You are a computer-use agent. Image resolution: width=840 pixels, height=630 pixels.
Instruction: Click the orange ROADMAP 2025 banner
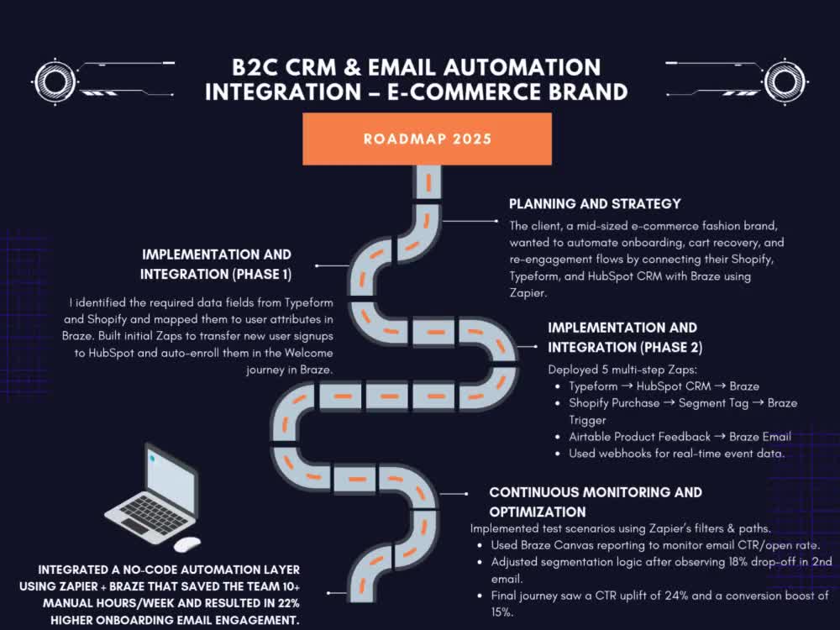(x=427, y=139)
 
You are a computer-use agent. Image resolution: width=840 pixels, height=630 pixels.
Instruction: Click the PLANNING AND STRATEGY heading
(x=595, y=204)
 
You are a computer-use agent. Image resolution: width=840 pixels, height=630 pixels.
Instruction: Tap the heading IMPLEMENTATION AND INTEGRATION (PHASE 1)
(x=216, y=264)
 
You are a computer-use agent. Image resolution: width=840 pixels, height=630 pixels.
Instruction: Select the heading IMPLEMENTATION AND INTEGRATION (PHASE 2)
(x=625, y=338)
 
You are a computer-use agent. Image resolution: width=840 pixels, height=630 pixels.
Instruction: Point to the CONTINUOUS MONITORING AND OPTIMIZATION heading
(x=596, y=502)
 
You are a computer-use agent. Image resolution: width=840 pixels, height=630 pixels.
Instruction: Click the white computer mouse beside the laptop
(x=187, y=543)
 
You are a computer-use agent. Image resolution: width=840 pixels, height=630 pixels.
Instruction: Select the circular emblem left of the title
(x=55, y=82)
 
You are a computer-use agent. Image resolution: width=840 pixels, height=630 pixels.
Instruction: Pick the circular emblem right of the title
(x=785, y=81)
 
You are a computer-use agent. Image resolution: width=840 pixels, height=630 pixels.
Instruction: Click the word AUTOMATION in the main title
(x=522, y=67)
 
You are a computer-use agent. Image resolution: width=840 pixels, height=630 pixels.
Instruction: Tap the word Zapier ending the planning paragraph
(x=528, y=293)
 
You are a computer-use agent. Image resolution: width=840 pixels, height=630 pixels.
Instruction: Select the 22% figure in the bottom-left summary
(x=288, y=603)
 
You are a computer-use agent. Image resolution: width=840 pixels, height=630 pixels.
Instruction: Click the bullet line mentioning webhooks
(x=676, y=454)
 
